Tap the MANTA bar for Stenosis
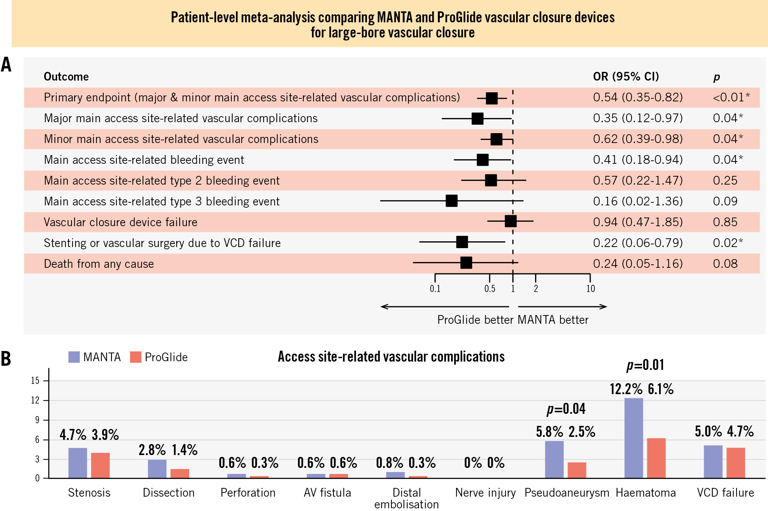(78, 463)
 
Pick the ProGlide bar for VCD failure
(735, 463)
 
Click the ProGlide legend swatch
(135, 357)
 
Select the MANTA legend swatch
(74, 357)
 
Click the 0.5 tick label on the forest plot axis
(490, 289)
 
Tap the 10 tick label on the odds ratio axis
(590, 289)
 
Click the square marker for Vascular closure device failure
(510, 221)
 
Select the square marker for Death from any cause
(466, 262)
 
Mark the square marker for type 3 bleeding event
(451, 201)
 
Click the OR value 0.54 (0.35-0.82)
(638, 98)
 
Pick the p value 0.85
(725, 222)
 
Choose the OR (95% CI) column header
(626, 77)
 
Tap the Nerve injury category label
(485, 493)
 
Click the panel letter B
(6, 359)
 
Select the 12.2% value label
(626, 389)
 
